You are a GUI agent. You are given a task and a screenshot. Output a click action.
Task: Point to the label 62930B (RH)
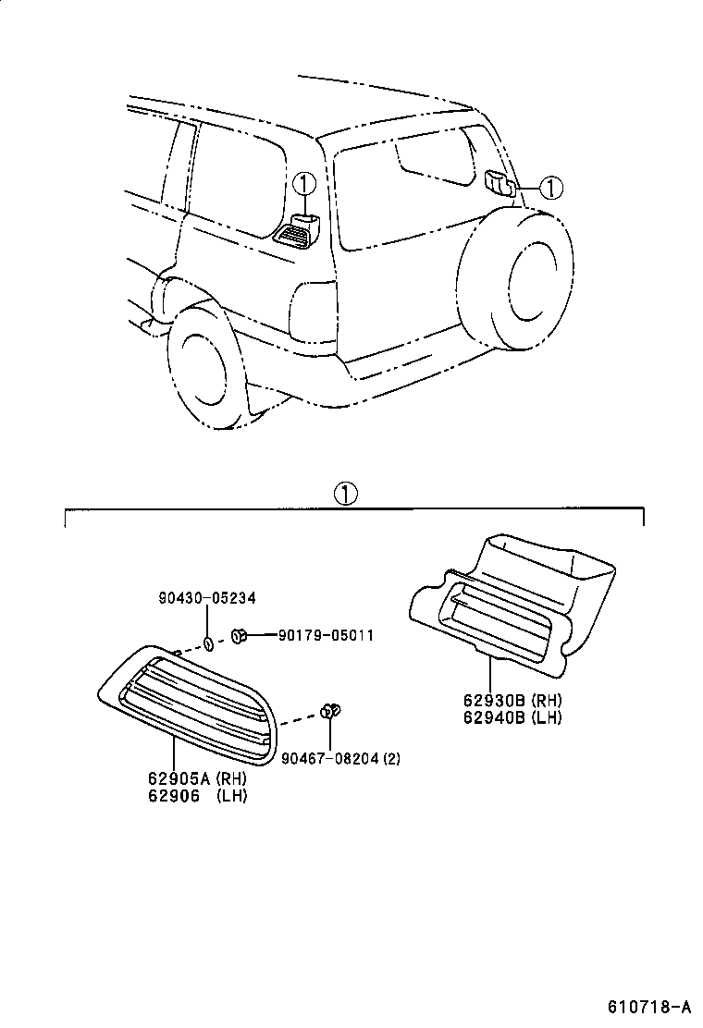pos(509,701)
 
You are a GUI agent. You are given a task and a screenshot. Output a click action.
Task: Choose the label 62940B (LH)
pos(509,716)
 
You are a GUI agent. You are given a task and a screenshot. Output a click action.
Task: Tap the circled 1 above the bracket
pos(345,494)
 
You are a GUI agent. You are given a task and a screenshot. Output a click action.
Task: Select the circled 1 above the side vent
pos(304,182)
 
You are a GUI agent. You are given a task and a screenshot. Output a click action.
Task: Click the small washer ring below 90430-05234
pos(210,643)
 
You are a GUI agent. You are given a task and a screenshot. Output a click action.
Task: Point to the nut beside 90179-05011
pos(238,636)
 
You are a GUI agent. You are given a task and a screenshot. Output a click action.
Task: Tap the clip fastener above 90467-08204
pos(330,711)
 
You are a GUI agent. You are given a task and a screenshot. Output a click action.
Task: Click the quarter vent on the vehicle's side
pos(297,232)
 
